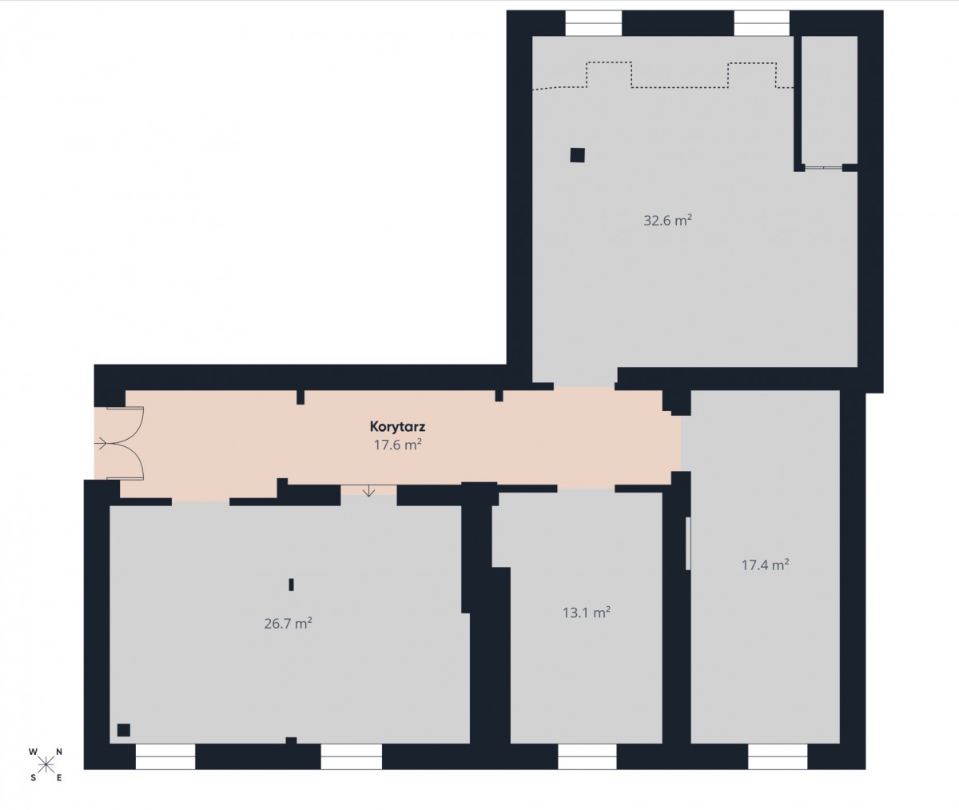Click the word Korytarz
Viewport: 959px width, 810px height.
pos(398,427)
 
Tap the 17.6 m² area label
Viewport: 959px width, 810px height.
pos(398,445)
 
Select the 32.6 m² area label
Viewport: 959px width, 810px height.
pos(667,221)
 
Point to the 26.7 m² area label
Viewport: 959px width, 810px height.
pos(288,624)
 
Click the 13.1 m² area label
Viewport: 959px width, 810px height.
pos(587,612)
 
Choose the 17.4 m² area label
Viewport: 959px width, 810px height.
pos(765,565)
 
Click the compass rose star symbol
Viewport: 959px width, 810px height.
pos(46,765)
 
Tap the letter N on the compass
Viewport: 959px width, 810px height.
pos(59,752)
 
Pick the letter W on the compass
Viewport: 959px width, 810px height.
pos(33,752)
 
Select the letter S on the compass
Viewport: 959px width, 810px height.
pos(33,778)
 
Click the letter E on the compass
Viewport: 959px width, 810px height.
pos(59,778)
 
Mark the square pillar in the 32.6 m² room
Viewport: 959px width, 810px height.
pos(577,155)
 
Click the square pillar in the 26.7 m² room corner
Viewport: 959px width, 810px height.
pos(124,730)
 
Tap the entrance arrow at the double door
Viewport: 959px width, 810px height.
pos(100,444)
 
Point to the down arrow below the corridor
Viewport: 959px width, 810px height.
pos(368,491)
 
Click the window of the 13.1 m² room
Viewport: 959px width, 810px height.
pos(587,756)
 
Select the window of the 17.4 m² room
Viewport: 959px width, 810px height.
pos(778,756)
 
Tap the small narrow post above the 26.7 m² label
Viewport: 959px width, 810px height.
pos(291,585)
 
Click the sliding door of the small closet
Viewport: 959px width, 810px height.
pos(823,167)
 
